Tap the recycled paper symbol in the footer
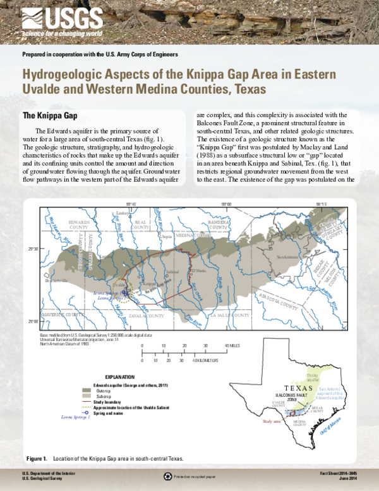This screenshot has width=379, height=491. pos(167,476)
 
